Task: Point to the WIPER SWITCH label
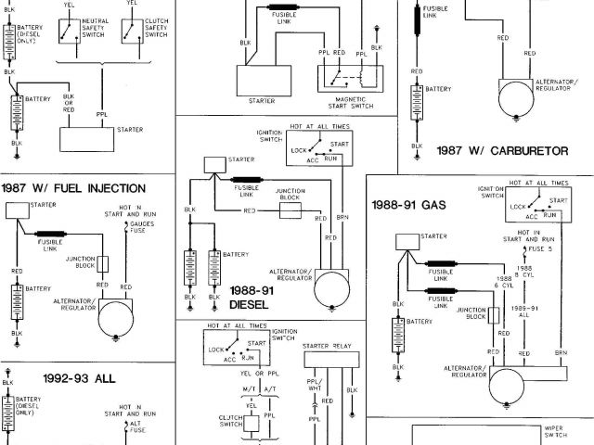tap(556, 434)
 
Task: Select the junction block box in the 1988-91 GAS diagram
tap(495, 313)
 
